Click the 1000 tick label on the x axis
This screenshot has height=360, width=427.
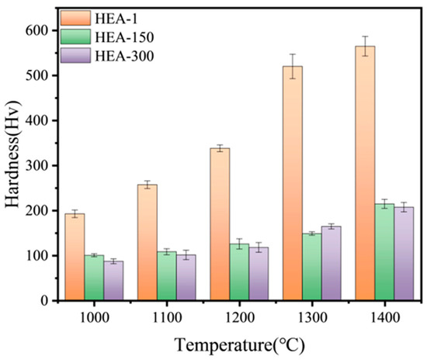tap(93, 316)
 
